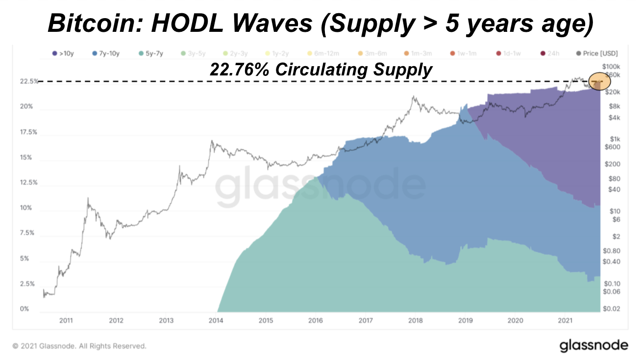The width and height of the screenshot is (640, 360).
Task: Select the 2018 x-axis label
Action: tap(416, 321)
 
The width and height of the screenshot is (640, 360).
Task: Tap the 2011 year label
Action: tap(66, 321)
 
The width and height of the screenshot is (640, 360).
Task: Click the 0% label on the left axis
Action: tap(25, 309)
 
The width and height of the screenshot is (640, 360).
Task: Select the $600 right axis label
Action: tap(613, 147)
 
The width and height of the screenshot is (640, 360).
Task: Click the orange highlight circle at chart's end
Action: tap(598, 82)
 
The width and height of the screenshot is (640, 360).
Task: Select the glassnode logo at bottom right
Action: tap(593, 346)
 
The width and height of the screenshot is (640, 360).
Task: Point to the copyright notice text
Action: tap(79, 346)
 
